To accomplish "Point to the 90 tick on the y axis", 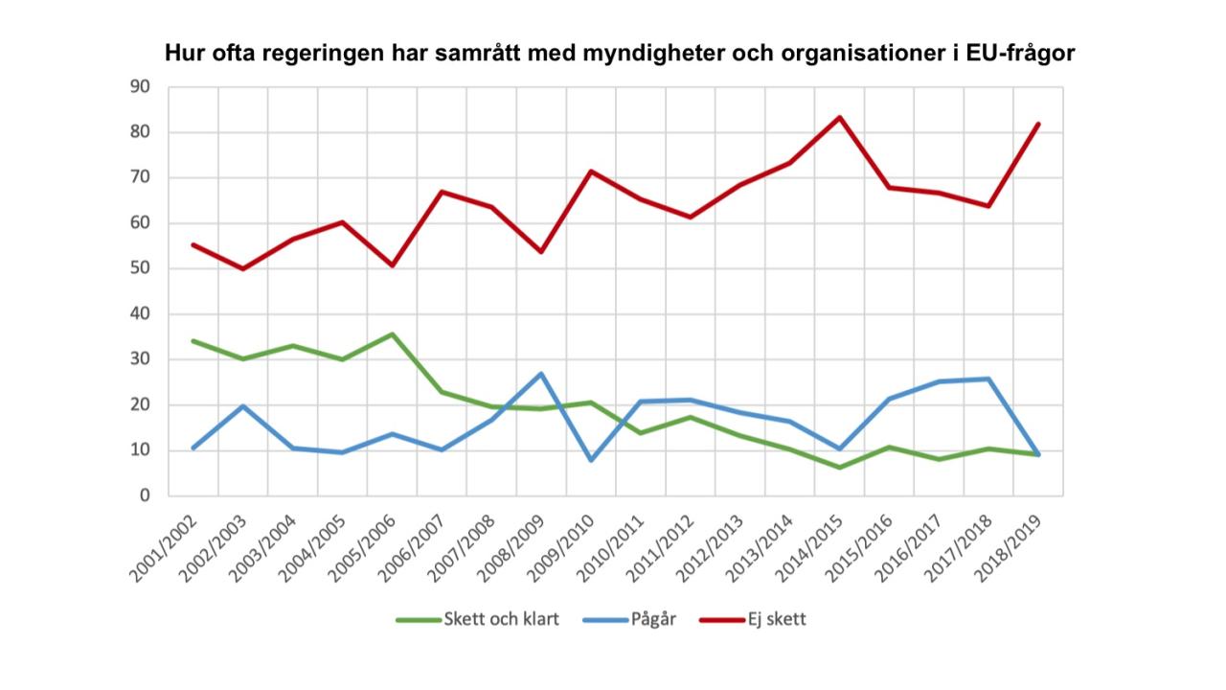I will point(140,87).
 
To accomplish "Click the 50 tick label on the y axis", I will point(140,269).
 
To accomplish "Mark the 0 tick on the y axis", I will point(145,496).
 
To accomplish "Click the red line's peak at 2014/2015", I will point(840,118).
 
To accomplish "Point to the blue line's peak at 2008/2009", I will point(541,374).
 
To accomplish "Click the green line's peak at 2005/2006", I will point(392,334).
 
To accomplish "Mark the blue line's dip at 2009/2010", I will point(591,460).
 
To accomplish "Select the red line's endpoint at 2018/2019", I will point(1038,124).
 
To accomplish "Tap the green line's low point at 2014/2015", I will point(840,468).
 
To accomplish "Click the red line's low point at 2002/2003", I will point(242,268).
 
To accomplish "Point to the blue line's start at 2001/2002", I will point(193,448).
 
